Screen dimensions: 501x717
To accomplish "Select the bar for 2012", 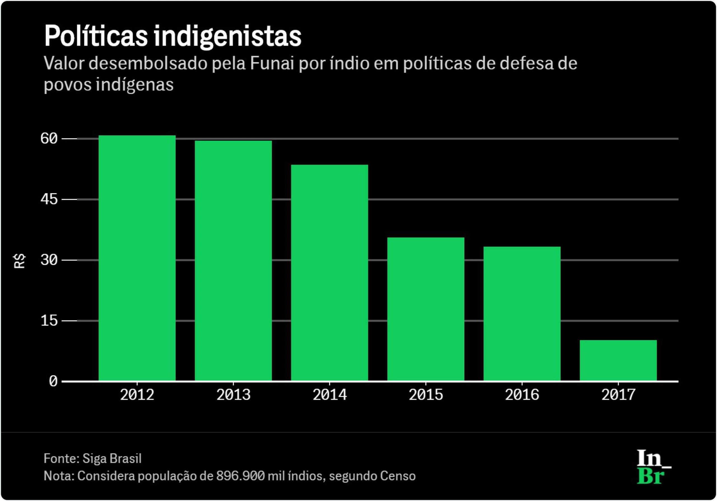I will [137, 258].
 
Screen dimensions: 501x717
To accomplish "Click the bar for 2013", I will [233, 261].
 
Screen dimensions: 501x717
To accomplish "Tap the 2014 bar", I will [329, 273].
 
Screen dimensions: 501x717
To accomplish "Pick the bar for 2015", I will [426, 309].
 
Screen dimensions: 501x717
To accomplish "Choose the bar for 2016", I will [522, 313].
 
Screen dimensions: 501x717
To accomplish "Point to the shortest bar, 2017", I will [618, 360].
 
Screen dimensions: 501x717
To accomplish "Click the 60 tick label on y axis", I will [49, 138].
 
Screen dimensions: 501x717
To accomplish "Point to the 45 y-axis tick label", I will [49, 199].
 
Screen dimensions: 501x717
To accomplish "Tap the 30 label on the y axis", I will [49, 260].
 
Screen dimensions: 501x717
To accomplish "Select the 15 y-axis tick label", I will [49, 321].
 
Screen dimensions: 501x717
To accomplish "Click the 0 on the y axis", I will [53, 381].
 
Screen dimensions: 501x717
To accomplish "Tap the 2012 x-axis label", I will [137, 395].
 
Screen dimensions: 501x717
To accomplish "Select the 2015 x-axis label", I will [426, 395].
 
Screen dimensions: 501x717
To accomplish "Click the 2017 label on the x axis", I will [618, 395].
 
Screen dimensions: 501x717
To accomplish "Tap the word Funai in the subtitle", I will [272, 63].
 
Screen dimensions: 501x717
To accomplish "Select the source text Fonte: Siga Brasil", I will [92, 458].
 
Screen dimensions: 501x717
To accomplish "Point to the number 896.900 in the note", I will [241, 476].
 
